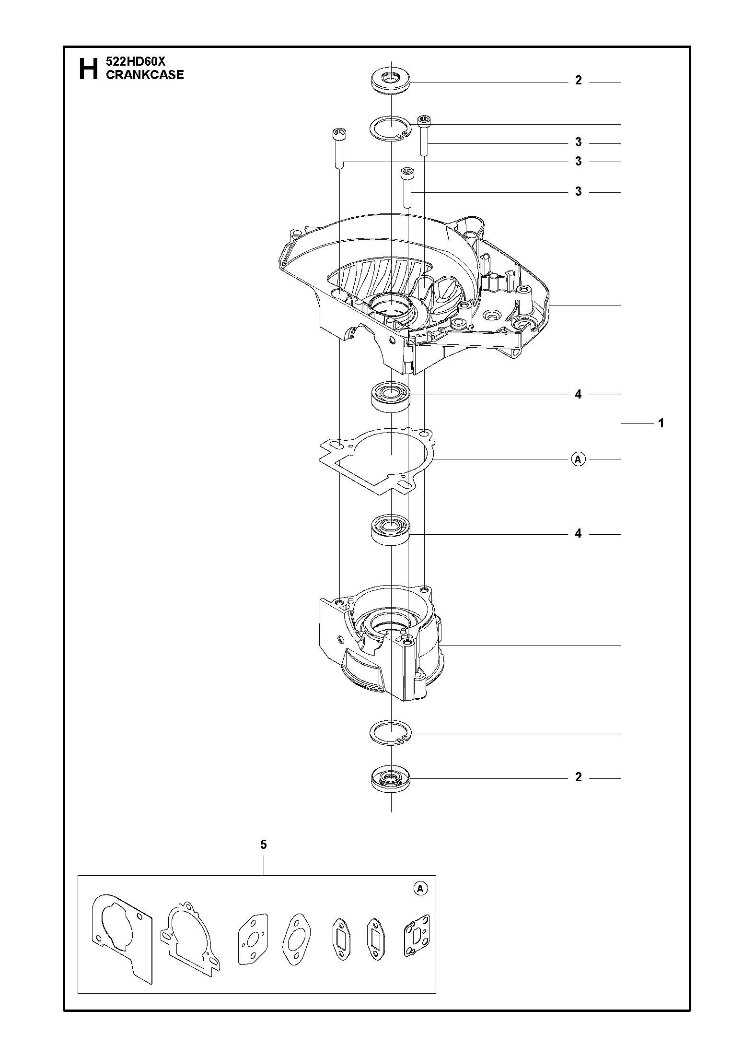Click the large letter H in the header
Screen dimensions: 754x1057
click(88, 69)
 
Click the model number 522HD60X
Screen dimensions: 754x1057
click(135, 62)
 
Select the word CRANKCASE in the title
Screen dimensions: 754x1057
click(145, 75)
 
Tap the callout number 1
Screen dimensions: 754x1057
click(661, 423)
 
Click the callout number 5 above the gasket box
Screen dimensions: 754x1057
click(264, 845)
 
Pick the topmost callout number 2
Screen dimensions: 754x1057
click(579, 81)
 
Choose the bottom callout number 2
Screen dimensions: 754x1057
click(579, 777)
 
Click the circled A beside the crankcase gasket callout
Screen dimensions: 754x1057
click(579, 459)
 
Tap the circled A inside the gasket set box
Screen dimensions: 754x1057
click(420, 889)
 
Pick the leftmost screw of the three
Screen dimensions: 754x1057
click(338, 148)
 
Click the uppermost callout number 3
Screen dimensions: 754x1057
click(579, 142)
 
